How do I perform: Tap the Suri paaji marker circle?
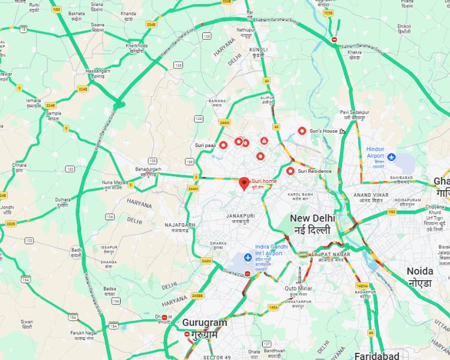click(x=223, y=145)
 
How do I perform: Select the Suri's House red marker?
click(x=302, y=131)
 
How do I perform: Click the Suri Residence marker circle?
click(x=290, y=171)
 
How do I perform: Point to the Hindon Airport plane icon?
click(x=392, y=157)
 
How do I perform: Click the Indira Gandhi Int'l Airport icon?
click(x=247, y=257)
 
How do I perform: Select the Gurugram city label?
click(x=205, y=328)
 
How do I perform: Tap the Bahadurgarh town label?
click(x=148, y=171)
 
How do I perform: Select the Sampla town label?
click(x=54, y=115)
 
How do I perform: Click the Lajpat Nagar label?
click(x=329, y=256)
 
